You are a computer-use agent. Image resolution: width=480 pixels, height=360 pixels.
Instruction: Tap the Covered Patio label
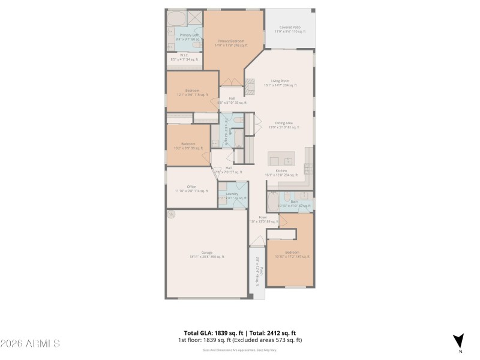tap(290, 29)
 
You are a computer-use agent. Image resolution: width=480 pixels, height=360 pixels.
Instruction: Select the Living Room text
tap(280, 83)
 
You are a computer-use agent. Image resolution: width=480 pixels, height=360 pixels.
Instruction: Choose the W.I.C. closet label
tap(184, 58)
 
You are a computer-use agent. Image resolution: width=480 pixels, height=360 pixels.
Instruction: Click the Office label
tap(191, 188)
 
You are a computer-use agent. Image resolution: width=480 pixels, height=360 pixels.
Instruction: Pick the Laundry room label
tap(232, 196)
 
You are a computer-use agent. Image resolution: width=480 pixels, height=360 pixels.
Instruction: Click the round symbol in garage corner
tap(171, 212)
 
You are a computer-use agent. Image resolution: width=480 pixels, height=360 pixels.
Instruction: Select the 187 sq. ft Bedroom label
tap(292, 254)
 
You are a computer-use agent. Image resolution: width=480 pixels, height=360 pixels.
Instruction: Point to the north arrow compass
tap(458, 340)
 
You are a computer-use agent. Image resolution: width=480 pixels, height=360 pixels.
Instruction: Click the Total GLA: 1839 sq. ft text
tap(214, 333)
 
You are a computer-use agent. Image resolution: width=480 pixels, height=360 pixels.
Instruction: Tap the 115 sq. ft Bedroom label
tap(192, 92)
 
